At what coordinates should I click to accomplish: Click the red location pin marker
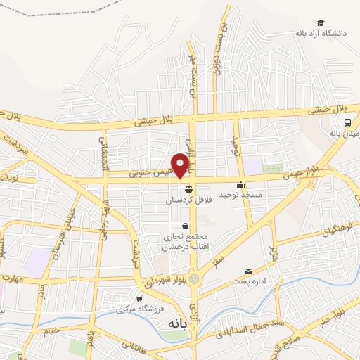pyautogui.click(x=181, y=165)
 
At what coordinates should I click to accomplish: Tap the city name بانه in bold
pyautogui.click(x=180, y=324)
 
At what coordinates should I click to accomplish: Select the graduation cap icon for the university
pyautogui.click(x=321, y=23)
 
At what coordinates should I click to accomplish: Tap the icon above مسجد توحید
pyautogui.click(x=241, y=185)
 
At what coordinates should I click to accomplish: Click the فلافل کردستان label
pyautogui.click(x=188, y=200)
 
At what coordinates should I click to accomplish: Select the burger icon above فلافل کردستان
pyautogui.click(x=188, y=189)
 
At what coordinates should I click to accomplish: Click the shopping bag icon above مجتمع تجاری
pyautogui.click(x=185, y=226)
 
